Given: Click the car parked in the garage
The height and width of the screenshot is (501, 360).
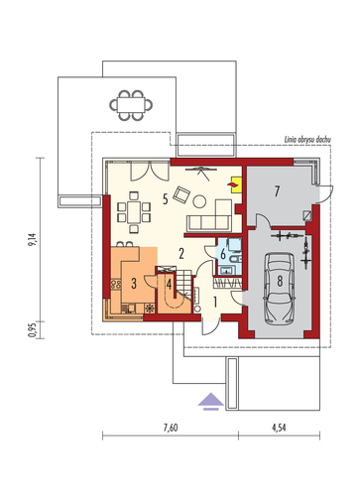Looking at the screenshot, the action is pos(280,289).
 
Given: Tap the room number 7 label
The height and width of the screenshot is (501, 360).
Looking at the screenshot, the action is pos(277,191).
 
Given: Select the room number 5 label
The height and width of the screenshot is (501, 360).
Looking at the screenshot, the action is pos(166,199).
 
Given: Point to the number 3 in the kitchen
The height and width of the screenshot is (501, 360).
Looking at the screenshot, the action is pos(134,284).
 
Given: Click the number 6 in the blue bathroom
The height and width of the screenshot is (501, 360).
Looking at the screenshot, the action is pos(223,254).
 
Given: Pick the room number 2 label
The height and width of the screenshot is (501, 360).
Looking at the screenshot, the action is pos(181,254).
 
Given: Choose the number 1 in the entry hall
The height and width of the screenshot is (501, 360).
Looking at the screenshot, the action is pos(215,302).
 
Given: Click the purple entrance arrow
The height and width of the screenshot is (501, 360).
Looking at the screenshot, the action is pos(211,402).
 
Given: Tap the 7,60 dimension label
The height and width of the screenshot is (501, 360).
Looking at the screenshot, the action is pos(171,428).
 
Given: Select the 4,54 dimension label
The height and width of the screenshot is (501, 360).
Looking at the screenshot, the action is pos(279,428).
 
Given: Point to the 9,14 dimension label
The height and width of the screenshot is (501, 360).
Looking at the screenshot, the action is pos(34,240).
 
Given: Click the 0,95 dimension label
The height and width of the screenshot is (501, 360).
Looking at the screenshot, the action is pos(32,330).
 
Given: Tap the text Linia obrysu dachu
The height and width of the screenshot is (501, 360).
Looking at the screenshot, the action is pos(307,140).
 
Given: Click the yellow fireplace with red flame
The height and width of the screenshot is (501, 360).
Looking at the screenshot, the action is pos(235,185).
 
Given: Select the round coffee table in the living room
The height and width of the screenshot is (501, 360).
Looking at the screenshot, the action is pos(199,201).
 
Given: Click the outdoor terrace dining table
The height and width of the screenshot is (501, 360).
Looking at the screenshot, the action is pos(131,105).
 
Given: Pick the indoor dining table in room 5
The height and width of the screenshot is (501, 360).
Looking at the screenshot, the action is pos(134,212).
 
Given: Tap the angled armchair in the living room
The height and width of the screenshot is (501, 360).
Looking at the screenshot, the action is pos(181,194).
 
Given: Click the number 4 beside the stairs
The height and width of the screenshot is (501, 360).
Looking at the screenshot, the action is pos(169,285).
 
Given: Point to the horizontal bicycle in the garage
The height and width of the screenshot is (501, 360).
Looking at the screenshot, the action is pos(287,236).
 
